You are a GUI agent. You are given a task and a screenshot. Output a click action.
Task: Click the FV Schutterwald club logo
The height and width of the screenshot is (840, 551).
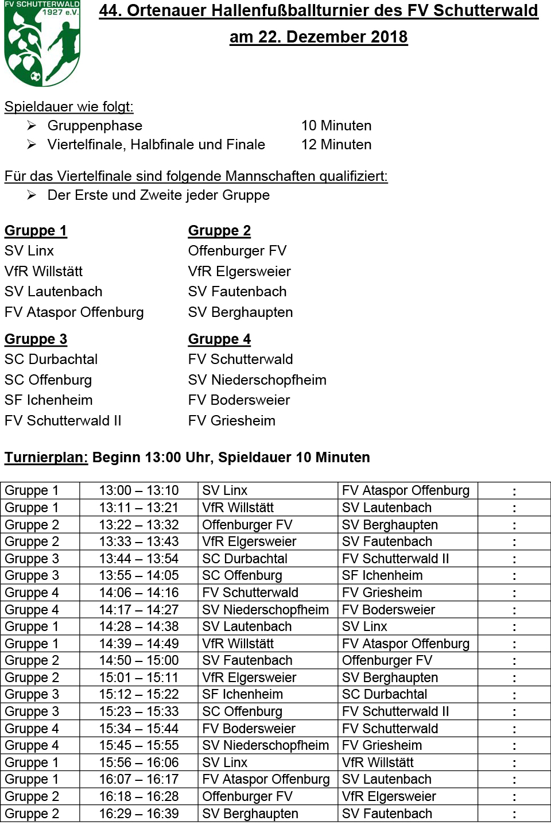[42, 43]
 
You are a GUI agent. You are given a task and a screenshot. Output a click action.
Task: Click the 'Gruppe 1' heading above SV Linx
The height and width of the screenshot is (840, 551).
[36, 231]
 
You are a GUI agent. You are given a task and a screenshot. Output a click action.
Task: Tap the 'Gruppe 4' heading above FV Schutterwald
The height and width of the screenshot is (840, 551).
[219, 339]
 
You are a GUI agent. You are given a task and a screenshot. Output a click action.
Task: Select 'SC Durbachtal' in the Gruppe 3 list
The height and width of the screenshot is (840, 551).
[51, 359]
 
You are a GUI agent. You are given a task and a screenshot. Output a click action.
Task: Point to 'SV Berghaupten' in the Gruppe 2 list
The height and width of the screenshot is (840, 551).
[240, 312]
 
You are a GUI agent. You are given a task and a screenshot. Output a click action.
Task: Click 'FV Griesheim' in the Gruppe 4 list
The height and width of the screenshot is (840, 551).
[232, 421]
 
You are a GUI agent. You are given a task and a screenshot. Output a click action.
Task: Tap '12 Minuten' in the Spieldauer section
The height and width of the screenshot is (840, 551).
[336, 145]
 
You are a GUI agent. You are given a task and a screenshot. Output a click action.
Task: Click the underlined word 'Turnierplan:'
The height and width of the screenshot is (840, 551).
[46, 458]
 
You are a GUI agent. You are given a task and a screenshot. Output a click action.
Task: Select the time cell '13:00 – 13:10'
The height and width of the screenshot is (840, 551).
[139, 491]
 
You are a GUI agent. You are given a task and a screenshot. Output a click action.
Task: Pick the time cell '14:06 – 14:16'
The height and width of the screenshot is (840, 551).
[139, 593]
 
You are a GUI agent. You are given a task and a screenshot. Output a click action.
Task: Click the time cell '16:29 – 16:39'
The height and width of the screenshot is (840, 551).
[139, 814]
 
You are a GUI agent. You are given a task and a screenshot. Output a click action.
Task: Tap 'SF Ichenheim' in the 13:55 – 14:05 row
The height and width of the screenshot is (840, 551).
[382, 576]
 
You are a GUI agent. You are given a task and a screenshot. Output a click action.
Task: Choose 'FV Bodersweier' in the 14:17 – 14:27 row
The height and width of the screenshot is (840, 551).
[389, 610]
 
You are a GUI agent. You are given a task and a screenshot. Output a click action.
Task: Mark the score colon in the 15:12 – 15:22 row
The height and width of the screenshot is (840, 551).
[514, 695]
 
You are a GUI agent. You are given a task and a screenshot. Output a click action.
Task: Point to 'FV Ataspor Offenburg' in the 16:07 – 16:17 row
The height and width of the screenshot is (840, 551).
[266, 780]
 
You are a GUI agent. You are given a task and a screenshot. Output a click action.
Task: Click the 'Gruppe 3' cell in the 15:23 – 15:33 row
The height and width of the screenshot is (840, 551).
[32, 712]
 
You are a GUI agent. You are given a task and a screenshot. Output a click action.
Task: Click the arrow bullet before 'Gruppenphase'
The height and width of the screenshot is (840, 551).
[32, 126]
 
